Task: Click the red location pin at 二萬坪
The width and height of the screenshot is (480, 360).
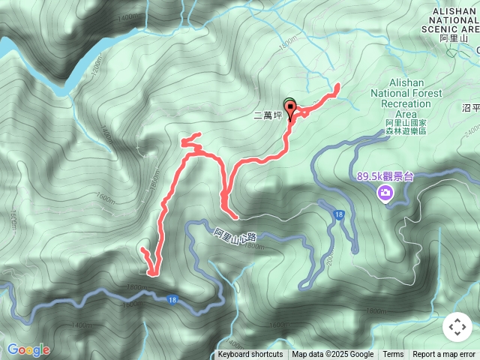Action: [289, 109]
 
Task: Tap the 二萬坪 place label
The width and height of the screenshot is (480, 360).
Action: [266, 115]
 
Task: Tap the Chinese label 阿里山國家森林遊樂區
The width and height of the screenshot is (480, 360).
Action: [406, 126]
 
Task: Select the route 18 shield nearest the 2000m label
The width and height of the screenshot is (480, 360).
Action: [340, 216]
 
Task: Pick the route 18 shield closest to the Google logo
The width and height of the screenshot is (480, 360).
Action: [173, 299]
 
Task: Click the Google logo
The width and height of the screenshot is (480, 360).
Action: [28, 349]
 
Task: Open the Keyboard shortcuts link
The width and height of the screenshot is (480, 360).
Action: [250, 355]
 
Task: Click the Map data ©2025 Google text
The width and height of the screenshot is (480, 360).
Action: [333, 355]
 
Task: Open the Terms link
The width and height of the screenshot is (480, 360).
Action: [393, 355]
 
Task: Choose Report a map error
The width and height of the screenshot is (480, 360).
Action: [444, 355]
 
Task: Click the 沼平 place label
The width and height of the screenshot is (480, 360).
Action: [471, 108]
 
